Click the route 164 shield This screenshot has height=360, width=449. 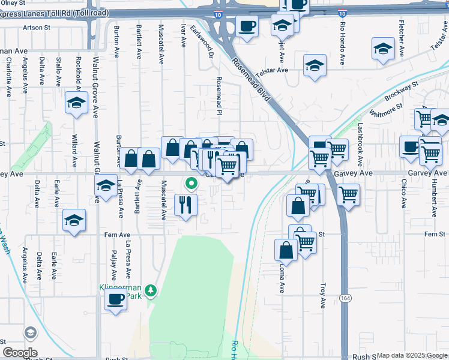(x=345, y=299)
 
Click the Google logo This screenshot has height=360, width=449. (x=20, y=353)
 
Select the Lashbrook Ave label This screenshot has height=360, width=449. (x=361, y=145)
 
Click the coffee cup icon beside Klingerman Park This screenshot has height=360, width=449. (x=115, y=299)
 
